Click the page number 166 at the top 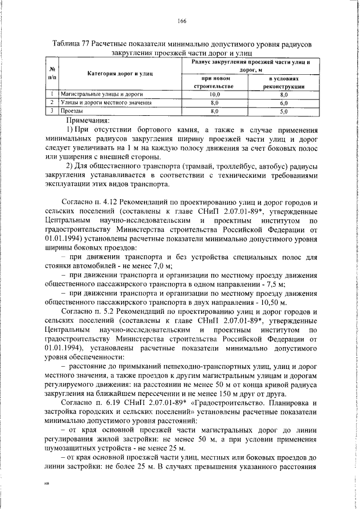point(181,21)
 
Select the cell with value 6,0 point(284,103)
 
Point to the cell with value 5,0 point(284,112)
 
